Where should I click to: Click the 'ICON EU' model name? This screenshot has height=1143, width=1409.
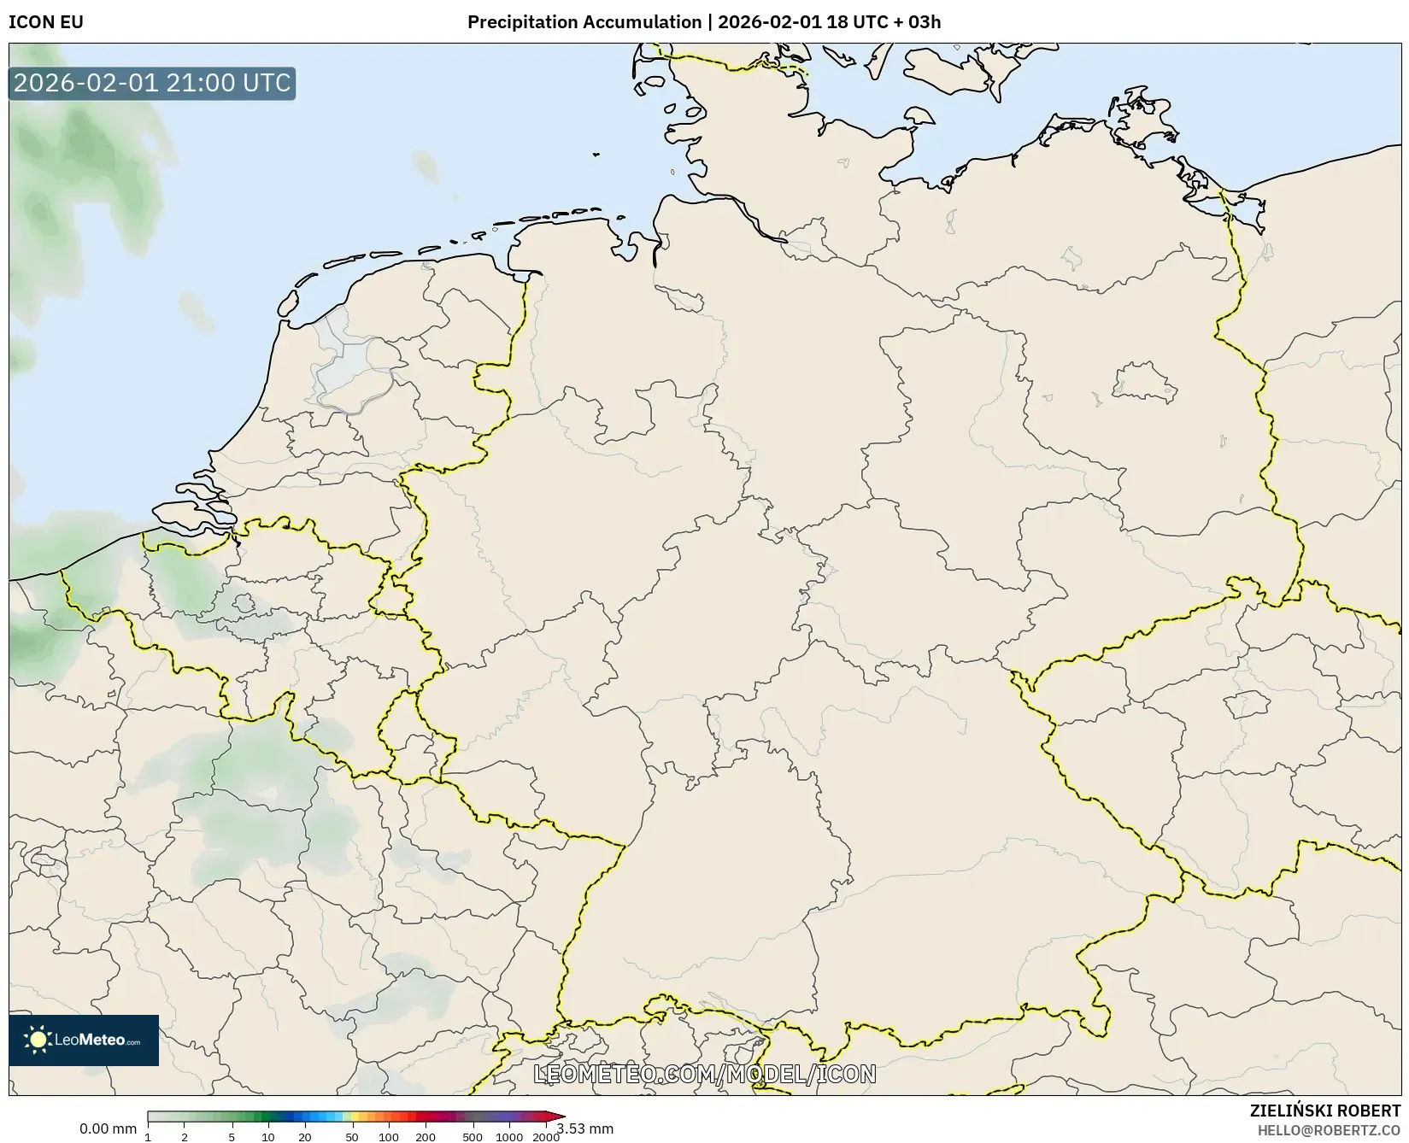pos(46,22)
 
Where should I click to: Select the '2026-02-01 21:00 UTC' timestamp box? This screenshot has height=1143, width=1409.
pos(152,84)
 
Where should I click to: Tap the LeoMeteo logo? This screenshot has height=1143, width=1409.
pos(84,1040)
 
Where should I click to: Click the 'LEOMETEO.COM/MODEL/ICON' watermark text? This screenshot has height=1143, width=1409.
pos(705,1074)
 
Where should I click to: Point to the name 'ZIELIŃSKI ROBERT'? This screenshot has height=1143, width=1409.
pos(1325,1111)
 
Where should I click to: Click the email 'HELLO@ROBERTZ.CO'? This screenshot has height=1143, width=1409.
pos(1329,1130)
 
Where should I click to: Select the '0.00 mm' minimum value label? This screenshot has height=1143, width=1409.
pos(108,1128)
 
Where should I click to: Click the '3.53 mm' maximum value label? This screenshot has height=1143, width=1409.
pos(585,1128)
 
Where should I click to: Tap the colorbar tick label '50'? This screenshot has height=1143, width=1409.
pos(352,1137)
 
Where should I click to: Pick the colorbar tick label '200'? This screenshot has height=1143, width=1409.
pos(426,1137)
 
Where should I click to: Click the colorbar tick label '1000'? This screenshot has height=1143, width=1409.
pos(509,1137)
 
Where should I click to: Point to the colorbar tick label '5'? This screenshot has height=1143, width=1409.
pos(232,1137)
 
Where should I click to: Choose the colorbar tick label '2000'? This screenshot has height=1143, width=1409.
pos(546,1137)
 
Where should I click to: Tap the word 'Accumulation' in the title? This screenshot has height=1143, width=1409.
pos(643,22)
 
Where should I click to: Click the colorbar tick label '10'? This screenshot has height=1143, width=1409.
pos(268,1137)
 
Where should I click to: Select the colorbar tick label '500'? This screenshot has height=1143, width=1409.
pos(473,1137)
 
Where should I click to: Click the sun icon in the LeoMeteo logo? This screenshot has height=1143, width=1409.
pos(38,1040)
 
